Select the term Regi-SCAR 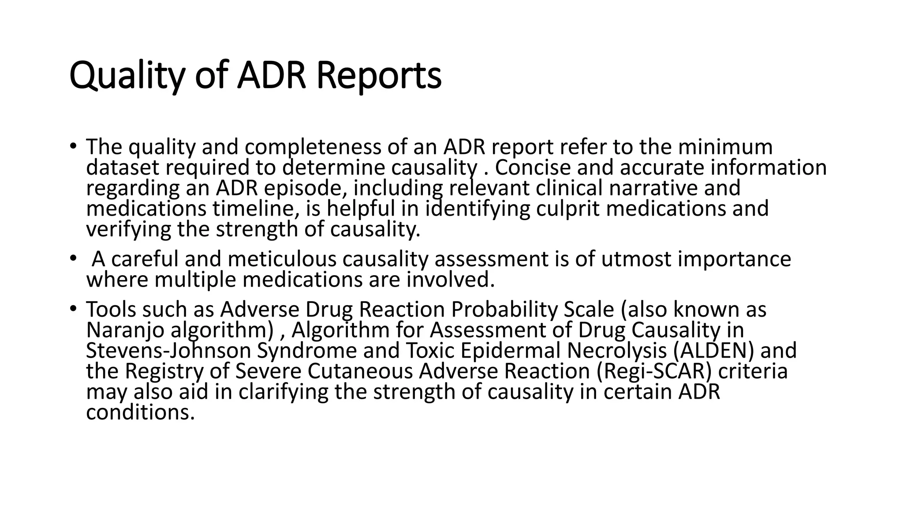pyautogui.click(x=655, y=371)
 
